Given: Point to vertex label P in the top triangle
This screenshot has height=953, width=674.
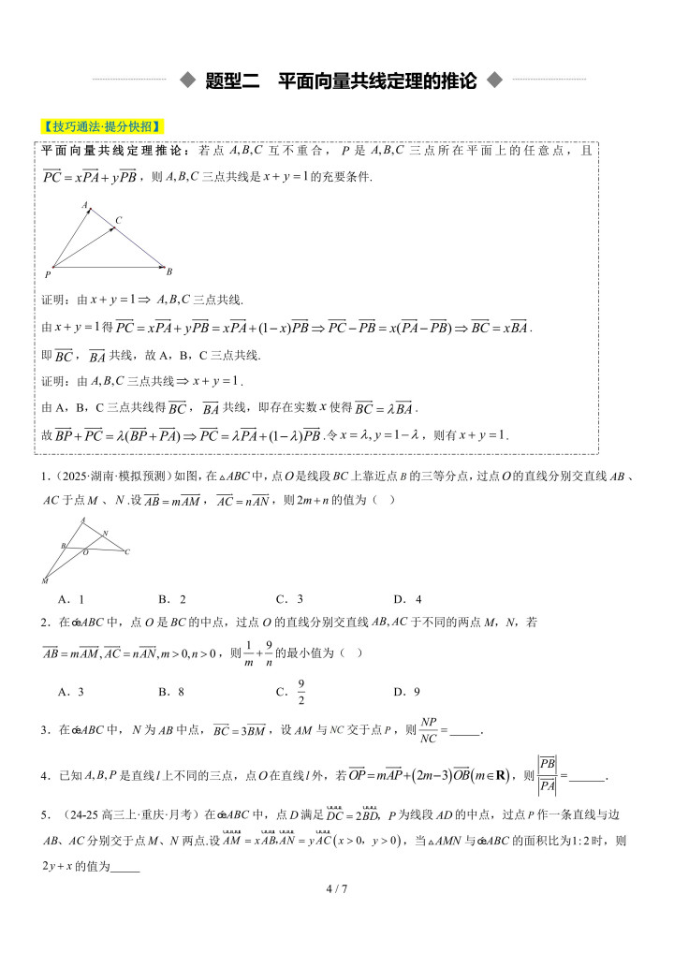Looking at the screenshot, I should (x=48, y=275).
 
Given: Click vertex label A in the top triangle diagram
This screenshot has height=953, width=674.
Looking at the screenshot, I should (x=84, y=203).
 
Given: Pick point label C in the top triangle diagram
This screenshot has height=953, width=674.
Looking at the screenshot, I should (x=118, y=221).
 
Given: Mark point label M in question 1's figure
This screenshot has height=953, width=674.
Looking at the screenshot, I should (x=45, y=581).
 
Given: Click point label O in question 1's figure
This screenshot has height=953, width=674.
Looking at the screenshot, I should (x=84, y=553).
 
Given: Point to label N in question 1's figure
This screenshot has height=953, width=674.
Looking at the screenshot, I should (x=105, y=534).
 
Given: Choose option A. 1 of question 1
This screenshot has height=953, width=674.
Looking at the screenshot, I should (x=71, y=599).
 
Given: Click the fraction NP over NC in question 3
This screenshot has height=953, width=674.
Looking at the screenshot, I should (x=429, y=729).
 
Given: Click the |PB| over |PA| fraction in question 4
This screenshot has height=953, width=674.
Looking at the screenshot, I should (x=548, y=775).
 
